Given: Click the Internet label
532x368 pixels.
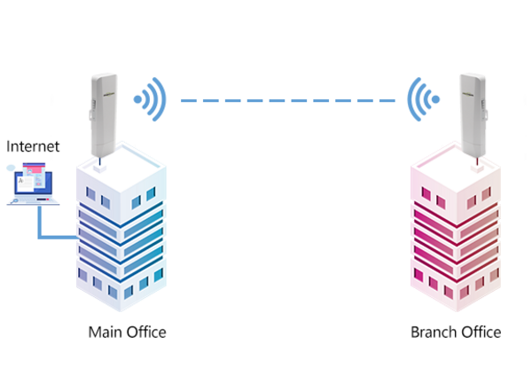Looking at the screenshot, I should click(33, 145).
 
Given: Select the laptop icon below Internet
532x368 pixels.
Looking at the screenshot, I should click(29, 184).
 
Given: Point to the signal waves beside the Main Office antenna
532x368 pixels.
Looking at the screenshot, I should click(150, 100).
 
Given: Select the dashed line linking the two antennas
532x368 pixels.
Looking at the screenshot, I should click(287, 100).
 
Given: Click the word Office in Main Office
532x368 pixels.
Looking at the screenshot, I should click(145, 333).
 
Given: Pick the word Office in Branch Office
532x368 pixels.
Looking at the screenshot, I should click(480, 333).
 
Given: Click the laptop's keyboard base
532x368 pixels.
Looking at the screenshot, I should click(29, 201).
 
